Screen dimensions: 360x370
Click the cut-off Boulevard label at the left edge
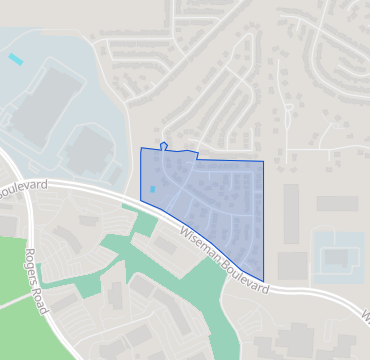click(20, 187)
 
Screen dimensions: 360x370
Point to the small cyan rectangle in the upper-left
click(15, 59)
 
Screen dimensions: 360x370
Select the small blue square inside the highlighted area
click(152, 189)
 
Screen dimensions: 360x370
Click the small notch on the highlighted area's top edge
click(163, 146)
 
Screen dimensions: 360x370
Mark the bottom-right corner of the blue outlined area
click(264, 281)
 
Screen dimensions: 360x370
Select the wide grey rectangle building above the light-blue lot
click(337, 204)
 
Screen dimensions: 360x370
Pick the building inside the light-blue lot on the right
click(337, 258)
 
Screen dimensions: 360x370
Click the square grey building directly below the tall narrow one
click(292, 266)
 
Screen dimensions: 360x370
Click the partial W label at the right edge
click(364, 317)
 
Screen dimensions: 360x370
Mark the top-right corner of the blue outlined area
click(264, 161)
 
